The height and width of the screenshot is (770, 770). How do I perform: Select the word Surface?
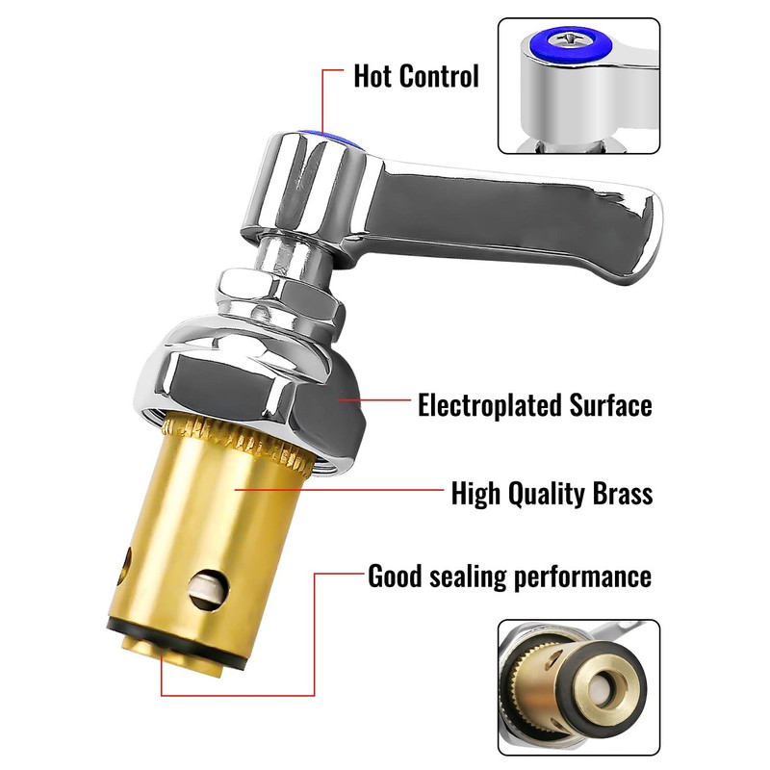click(607, 405)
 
